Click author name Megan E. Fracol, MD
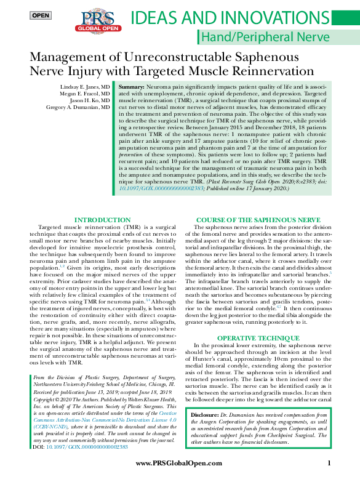85,94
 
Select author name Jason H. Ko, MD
89,100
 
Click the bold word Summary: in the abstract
131,87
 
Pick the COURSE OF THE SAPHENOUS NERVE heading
257,220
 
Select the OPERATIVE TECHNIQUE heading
257,339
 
